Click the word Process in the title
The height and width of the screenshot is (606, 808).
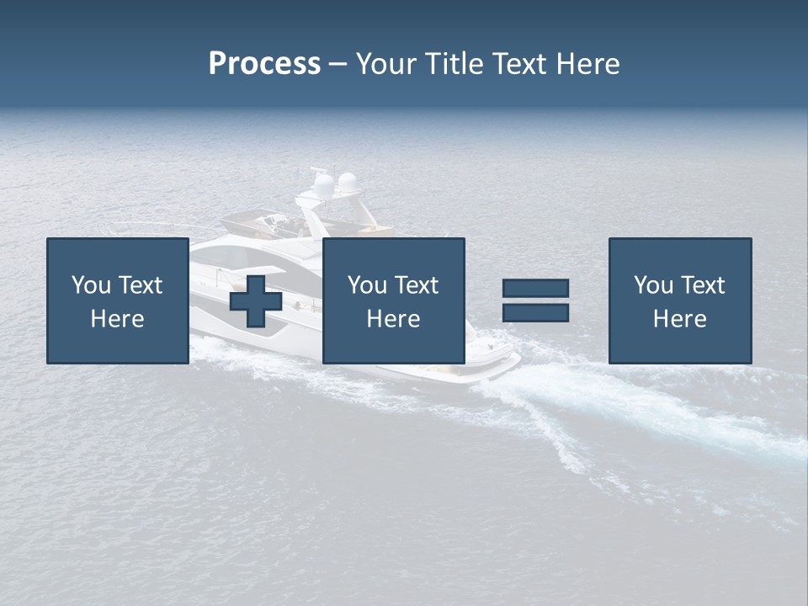click(x=264, y=64)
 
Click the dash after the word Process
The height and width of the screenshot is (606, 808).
click(x=338, y=65)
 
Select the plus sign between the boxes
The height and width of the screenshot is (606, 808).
click(x=256, y=301)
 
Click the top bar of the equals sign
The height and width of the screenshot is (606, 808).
click(x=535, y=288)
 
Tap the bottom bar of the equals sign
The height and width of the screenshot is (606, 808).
click(x=535, y=313)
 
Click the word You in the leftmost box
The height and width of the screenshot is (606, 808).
click(x=90, y=285)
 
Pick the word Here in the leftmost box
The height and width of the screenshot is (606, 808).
click(x=117, y=319)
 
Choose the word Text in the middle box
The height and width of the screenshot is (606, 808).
click(x=416, y=285)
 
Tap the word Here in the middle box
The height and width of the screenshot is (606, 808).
click(x=393, y=319)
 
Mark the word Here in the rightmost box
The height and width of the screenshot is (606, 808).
click(x=679, y=319)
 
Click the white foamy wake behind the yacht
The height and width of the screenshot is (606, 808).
click(x=640, y=404)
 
